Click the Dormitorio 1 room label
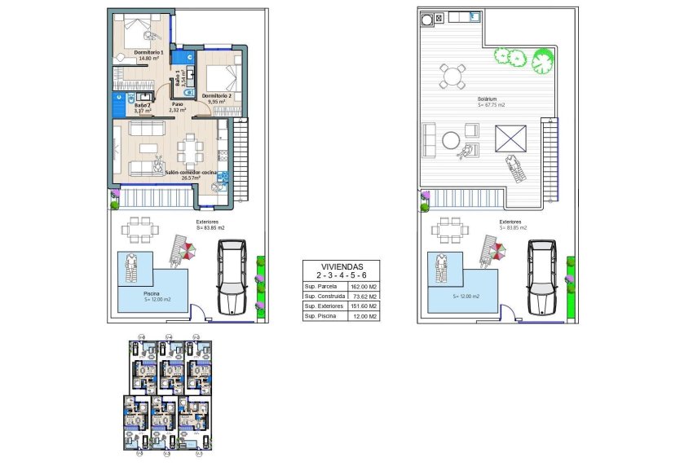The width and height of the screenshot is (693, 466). [148, 53]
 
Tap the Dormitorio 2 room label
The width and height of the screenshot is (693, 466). [216, 96]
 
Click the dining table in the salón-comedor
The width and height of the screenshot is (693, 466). [192, 149]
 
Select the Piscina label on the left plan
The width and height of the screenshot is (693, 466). [151, 293]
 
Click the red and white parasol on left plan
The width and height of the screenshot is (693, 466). [186, 252]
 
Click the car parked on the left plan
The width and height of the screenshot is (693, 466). [232, 276]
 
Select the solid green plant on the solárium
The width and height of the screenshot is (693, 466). [542, 60]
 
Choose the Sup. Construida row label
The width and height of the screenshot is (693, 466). [322, 297]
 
